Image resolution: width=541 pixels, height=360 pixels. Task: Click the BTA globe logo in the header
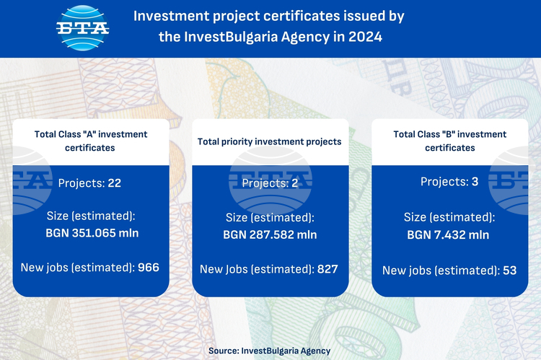82,28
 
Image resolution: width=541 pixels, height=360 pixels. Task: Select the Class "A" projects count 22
115,183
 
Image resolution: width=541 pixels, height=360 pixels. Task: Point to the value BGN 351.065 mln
92,233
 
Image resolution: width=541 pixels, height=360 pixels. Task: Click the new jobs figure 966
149,268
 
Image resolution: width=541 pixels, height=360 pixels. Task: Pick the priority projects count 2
294,183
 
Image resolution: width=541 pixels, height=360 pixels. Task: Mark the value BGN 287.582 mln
270,234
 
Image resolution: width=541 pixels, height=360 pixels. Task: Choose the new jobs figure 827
327,269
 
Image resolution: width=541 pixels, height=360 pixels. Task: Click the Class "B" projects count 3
475,182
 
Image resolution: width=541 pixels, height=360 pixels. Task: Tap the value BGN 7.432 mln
448,235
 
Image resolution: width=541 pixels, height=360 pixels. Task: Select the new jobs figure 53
509,271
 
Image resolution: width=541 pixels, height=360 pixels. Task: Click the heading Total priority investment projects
270,141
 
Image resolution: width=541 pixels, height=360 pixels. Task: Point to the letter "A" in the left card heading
89,134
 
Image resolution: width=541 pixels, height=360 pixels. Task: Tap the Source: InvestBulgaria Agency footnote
270,351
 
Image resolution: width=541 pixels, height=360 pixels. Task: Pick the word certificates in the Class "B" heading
450,148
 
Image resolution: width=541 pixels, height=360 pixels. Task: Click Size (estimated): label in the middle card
270,218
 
